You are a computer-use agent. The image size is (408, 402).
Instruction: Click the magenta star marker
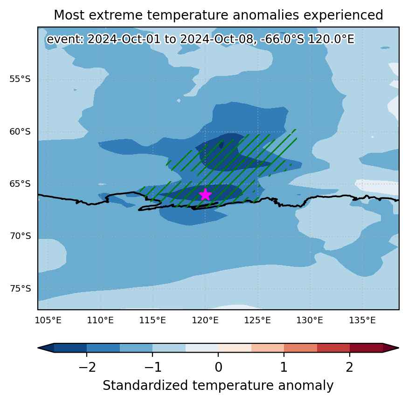(x=205, y=195)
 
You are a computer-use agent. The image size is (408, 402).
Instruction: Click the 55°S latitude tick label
(x=20, y=79)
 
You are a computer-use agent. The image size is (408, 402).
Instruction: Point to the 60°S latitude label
(x=20, y=131)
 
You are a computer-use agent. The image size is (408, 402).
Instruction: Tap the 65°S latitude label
(x=20, y=184)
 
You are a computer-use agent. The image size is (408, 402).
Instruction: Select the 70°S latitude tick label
(x=20, y=236)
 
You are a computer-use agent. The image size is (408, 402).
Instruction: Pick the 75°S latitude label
(x=20, y=289)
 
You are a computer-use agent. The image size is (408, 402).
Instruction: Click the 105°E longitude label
(x=48, y=320)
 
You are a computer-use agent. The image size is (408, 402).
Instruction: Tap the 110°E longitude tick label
(x=100, y=320)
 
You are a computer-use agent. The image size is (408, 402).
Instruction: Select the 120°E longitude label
(x=205, y=320)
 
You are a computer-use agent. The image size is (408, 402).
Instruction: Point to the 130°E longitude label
(x=310, y=320)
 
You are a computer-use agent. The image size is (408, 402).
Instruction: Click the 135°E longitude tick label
(x=362, y=320)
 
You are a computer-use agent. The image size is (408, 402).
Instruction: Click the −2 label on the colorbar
(x=87, y=367)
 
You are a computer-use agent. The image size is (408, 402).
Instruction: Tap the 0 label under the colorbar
(x=219, y=367)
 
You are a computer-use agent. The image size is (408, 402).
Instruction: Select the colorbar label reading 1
(x=284, y=367)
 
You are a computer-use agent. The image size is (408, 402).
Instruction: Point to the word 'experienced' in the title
(x=343, y=15)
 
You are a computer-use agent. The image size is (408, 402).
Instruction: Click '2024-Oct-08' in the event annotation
(x=216, y=39)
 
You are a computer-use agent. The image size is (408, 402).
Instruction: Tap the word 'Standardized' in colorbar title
(x=145, y=385)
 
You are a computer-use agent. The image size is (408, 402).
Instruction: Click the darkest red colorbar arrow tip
(x=398, y=348)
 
